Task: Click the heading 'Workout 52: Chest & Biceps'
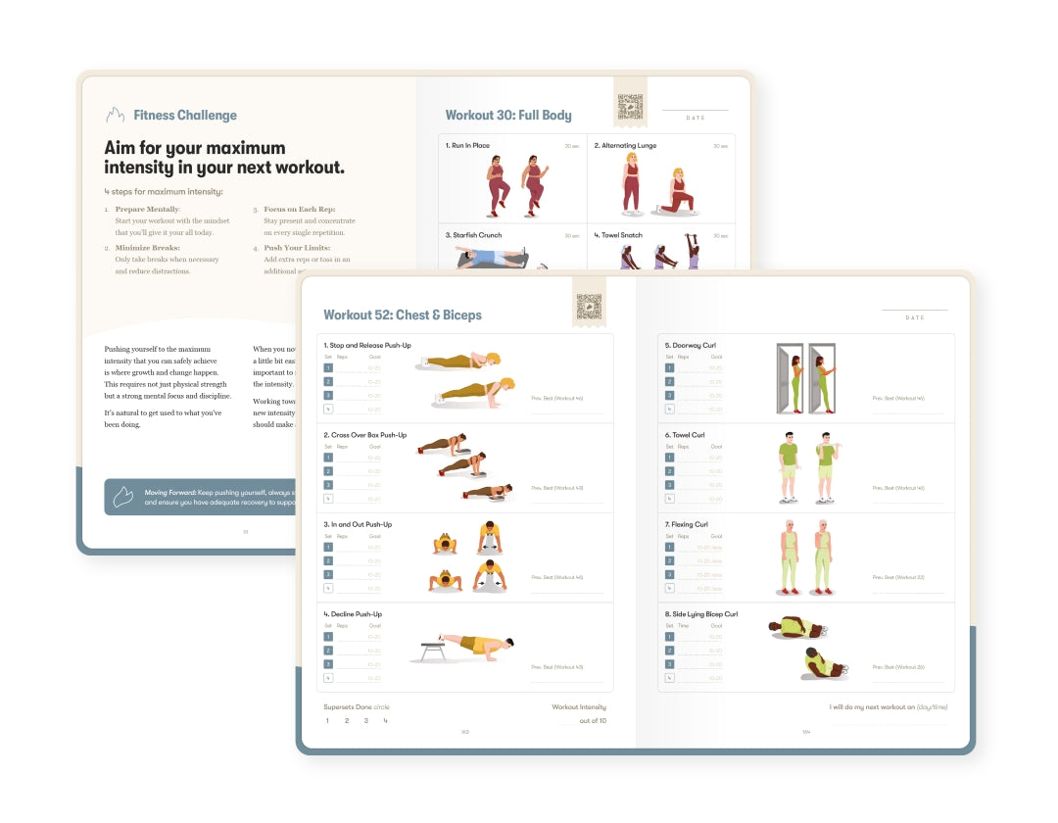pos(403,315)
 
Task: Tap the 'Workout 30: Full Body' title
pos(508,116)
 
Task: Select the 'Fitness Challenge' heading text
pos(185,116)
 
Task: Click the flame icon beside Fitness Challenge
pos(115,115)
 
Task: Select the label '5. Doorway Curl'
pos(691,346)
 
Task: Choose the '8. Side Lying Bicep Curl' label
pos(701,614)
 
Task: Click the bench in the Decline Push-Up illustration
pos(430,649)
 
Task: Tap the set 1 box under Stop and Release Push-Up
pos(328,368)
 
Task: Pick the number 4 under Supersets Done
pos(385,721)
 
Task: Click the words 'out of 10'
pos(593,721)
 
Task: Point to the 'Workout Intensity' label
pos(579,706)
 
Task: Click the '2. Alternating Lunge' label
pos(625,146)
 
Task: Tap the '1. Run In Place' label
pos(467,146)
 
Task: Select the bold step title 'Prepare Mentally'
pos(147,210)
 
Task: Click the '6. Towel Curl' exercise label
pos(686,435)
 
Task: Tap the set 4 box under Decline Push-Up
pos(328,678)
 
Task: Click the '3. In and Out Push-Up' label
pos(358,525)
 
